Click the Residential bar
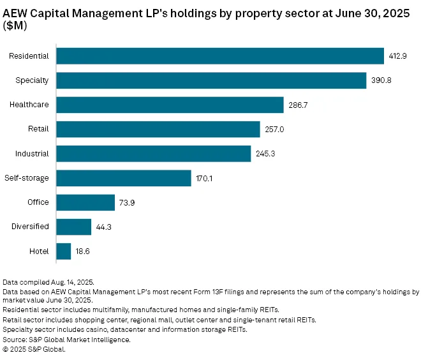tap(220, 56)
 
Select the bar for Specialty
tap(211, 80)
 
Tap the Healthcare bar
tap(170, 105)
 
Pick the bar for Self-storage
tap(124, 178)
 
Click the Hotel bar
tap(64, 251)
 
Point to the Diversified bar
tap(74, 227)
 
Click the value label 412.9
tap(397, 56)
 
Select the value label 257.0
tap(273, 130)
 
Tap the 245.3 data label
tap(265, 154)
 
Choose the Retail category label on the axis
tap(38, 130)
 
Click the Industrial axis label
tap(33, 154)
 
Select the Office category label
tap(38, 202)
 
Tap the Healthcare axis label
tap(29, 105)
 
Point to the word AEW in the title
tap(17, 11)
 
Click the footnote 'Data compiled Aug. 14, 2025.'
tap(48, 281)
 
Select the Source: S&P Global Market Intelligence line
tap(66, 340)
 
